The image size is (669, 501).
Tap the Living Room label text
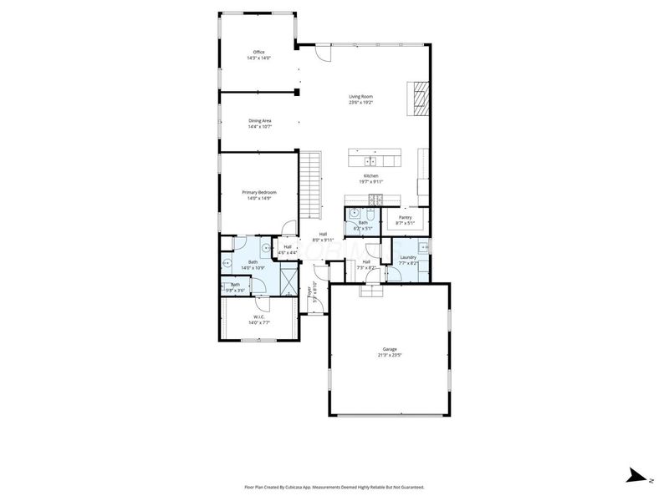coord(360,97)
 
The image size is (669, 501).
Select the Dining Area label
coord(259,120)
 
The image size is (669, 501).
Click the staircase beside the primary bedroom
coord(311,183)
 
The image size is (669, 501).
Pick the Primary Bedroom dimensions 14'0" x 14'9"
coord(259,199)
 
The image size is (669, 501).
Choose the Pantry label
coord(405,217)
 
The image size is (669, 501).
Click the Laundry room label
coord(408,257)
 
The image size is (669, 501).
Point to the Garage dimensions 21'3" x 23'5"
coord(390,355)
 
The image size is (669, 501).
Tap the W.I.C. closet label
coord(259,317)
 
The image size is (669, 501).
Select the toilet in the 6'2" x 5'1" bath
coord(355,214)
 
